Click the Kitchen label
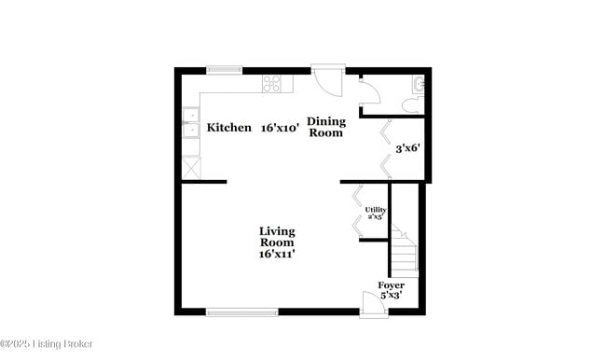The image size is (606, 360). point(228,128)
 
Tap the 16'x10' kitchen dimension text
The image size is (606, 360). point(280,128)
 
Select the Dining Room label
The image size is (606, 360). point(326,127)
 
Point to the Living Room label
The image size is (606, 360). point(277,236)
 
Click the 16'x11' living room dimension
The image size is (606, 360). point(278,253)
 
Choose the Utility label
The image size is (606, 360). point(375,212)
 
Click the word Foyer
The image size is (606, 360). point(391,284)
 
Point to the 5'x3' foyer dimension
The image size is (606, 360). point(391,296)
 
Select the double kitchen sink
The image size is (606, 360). point(191,123)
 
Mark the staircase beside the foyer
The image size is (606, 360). point(404,249)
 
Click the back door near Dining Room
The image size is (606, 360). point(327,78)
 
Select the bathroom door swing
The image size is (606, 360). point(368,92)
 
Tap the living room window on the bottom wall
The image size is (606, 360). point(241,312)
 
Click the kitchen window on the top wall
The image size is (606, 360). point(225,68)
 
